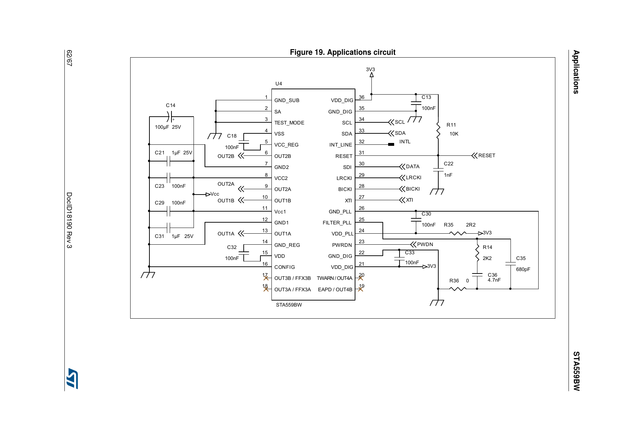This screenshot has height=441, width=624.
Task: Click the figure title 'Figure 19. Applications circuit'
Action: tap(343, 52)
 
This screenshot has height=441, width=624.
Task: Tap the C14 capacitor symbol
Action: tap(170, 116)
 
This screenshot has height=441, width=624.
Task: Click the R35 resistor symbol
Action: tap(458, 233)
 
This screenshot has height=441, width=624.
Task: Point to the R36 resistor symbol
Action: tap(458, 289)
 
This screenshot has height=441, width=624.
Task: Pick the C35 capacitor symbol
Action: tap(511, 264)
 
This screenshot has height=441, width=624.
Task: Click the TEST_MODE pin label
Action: tap(289, 123)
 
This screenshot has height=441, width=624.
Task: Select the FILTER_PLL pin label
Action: tap(337, 223)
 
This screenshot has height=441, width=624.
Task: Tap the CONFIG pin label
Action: tap(285, 267)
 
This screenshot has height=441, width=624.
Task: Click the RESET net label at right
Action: tap(487, 155)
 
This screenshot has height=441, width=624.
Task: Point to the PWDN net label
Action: tap(425, 244)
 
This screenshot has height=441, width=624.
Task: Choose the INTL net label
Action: tap(405, 142)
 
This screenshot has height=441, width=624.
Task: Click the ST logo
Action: tap(72, 378)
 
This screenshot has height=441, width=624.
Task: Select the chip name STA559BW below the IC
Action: tap(289, 305)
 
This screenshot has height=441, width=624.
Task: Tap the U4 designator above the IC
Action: tap(279, 84)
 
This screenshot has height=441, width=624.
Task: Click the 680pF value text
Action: tap(523, 269)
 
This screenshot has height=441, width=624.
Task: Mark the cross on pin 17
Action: tap(266, 278)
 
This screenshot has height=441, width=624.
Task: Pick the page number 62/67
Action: tap(70, 58)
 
